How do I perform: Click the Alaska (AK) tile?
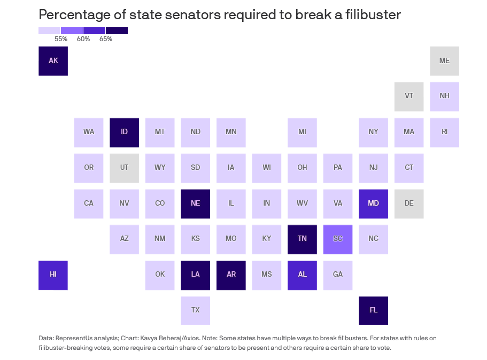[53, 61]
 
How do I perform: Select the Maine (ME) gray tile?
[444, 61]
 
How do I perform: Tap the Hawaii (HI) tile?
[53, 275]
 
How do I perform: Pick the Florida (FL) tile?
[373, 310]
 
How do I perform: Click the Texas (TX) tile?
[195, 310]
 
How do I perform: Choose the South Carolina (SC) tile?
[338, 239]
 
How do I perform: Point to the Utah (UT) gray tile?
[124, 168]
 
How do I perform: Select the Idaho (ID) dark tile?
[124, 132]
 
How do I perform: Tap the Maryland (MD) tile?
[373, 204]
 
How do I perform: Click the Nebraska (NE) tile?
[195, 204]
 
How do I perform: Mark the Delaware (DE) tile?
[409, 204]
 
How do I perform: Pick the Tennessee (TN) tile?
[302, 239]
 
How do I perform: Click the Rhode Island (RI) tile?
[444, 132]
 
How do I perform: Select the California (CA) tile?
[89, 204]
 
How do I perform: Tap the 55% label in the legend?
[61, 39]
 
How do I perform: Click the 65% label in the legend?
[106, 39]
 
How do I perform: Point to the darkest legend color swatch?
[117, 30]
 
